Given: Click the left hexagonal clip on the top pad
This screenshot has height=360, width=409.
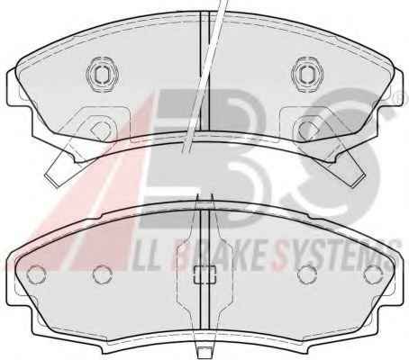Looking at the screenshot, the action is pos(102,74).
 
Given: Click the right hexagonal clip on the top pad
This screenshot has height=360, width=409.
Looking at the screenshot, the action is pos(308,74).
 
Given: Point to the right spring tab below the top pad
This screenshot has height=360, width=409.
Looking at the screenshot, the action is pos(348,168).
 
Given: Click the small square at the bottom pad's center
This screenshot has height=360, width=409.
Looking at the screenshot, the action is pos(205,274).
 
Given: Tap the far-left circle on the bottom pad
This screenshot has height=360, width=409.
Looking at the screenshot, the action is pos(36,274).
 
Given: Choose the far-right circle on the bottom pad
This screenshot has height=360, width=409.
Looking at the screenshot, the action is pos(373,274).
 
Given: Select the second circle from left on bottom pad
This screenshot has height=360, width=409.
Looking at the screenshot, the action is pos(102,274).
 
